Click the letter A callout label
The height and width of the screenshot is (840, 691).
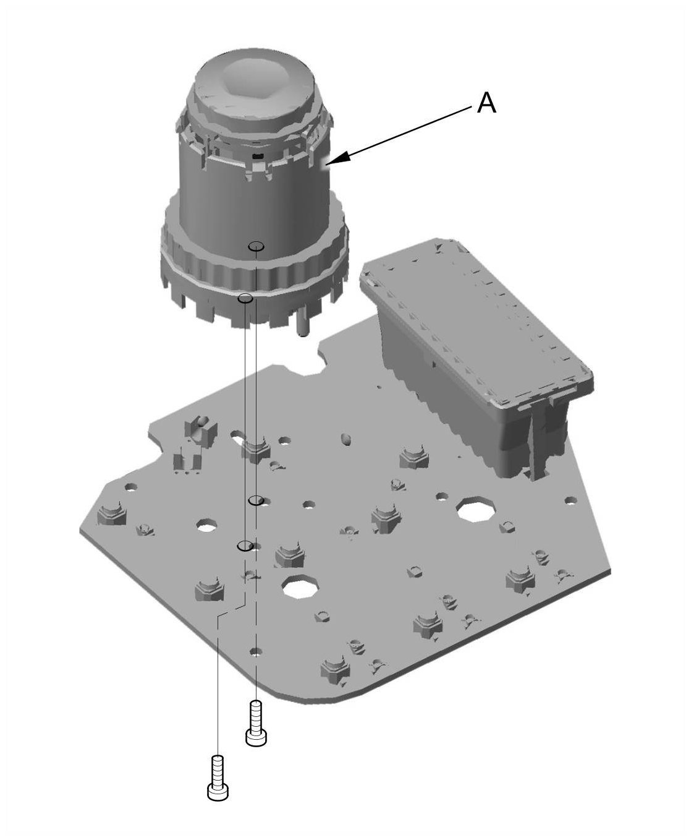tap(486, 103)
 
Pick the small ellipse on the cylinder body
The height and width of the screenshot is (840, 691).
tap(255, 247)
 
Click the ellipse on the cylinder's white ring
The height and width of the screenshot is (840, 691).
tap(245, 298)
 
